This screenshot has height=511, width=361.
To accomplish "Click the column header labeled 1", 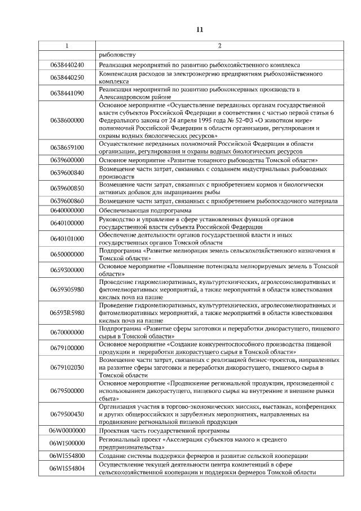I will point(67,45).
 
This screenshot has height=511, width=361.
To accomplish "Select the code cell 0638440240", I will point(67,65).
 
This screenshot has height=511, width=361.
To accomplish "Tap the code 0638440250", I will point(67,77).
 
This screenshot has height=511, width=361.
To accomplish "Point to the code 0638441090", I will point(67,93).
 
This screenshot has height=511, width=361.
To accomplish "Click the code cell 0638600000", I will point(67,120).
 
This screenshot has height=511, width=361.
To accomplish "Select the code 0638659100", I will point(67,147).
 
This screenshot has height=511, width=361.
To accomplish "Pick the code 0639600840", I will point(67,172).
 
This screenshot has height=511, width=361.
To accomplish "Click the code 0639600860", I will point(67,200).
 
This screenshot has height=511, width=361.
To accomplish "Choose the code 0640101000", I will point(67,238).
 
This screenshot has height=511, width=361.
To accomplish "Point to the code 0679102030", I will point(67,367).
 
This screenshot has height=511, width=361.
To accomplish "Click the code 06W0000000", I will point(67,430).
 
